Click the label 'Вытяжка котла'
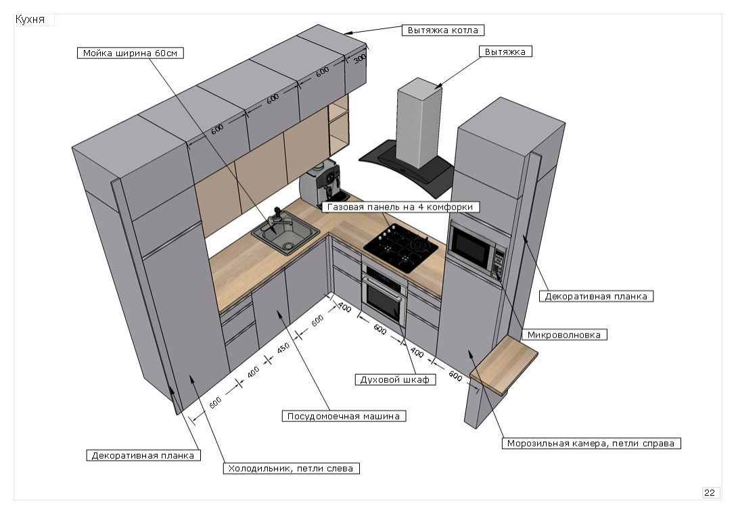[444, 30]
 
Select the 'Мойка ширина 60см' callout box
[131, 53]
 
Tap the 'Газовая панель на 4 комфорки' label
[403, 207]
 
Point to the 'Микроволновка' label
[564, 334]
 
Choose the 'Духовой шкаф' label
[393, 379]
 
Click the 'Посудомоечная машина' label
[344, 416]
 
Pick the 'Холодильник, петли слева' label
[291, 468]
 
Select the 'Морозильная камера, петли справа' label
[591, 444]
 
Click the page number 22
[710, 492]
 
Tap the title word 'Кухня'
[30, 20]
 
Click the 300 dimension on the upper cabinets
[360, 58]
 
